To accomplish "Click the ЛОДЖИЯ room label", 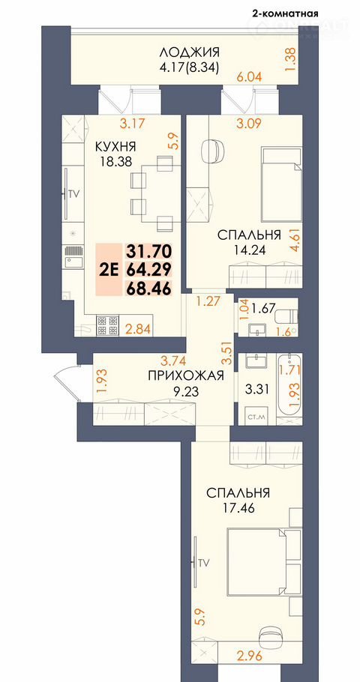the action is [189, 52].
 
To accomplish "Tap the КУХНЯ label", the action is [116, 146].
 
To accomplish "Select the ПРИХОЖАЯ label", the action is [186, 375].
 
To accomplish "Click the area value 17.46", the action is [237, 507].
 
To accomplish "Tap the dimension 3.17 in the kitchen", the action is [132, 124].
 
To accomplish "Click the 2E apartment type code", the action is [109, 270].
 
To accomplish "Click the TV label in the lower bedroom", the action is [204, 562].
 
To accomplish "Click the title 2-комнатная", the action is [285, 13].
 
